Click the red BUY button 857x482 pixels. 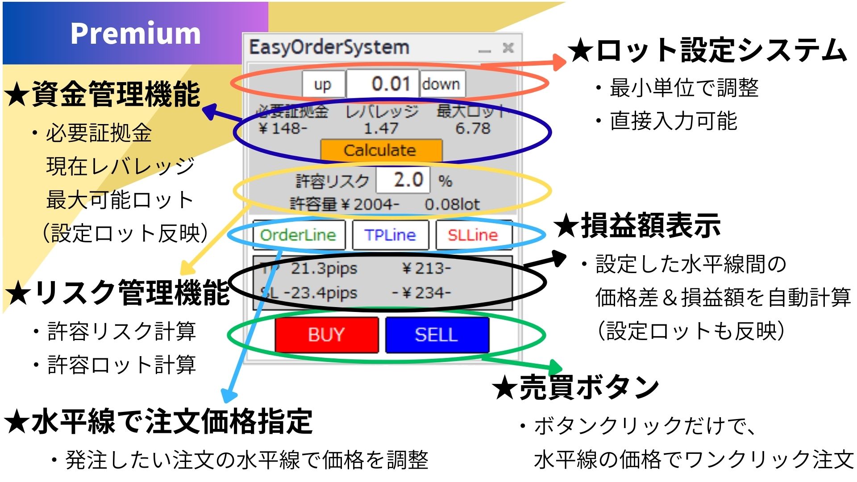point(326,335)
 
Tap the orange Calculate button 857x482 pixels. point(381,150)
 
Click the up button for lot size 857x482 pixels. point(323,84)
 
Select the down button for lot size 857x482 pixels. point(441,84)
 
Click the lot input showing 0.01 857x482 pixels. point(383,84)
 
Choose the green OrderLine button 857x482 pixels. point(298,235)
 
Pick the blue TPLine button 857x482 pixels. point(390,235)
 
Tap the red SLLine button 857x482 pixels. point(473,235)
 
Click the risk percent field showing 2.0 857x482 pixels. point(403,180)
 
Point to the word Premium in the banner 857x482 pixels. point(136,33)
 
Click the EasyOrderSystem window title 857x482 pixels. point(329,47)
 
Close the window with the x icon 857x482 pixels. point(508,47)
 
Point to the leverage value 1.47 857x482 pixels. point(381,129)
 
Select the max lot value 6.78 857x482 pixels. point(473,129)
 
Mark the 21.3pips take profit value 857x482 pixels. point(324,269)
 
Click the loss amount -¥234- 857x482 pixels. point(421,293)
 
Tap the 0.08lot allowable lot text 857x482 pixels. point(452,204)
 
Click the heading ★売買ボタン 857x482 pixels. point(576,387)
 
